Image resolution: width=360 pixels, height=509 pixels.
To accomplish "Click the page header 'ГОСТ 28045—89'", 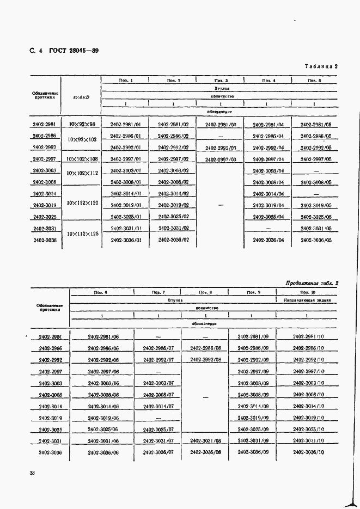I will pyautogui.click(x=74, y=51).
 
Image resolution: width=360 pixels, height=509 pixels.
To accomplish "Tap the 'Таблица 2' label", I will pyautogui.click(x=321, y=66).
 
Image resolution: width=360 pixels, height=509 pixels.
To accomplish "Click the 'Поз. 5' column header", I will pyautogui.click(x=314, y=81).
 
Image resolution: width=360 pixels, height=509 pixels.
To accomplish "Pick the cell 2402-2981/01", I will pyautogui.click(x=126, y=125).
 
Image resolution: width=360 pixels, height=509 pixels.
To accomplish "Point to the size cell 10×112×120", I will pyautogui.click(x=83, y=203).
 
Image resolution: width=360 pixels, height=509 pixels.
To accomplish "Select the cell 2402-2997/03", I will pyautogui.click(x=221, y=159).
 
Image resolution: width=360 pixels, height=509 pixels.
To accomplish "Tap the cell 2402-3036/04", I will pyautogui.click(x=269, y=240).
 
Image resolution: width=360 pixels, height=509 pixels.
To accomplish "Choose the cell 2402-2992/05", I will pyautogui.click(x=316, y=148).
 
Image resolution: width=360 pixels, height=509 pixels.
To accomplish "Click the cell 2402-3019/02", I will pyautogui.click(x=173, y=205).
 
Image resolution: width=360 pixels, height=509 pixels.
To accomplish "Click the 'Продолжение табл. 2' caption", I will pyautogui.click(x=312, y=283).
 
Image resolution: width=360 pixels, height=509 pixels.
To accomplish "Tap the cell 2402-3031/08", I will pyautogui.click(x=205, y=441).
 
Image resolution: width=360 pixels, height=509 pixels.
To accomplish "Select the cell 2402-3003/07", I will pyautogui.click(x=158, y=383).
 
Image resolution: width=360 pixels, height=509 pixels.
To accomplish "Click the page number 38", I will pyautogui.click(x=32, y=473).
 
